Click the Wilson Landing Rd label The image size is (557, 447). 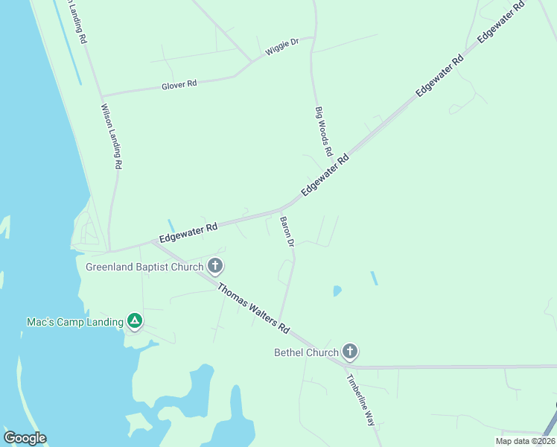tap(111, 136)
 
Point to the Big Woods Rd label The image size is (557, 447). tap(323, 130)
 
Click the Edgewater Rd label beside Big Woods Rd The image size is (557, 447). tap(325, 176)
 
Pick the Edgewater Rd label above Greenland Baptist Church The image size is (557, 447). tap(188, 232)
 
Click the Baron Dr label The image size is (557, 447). tap(287, 232)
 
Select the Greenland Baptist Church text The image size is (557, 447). tap(144, 267)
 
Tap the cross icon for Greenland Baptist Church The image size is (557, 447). tap(215, 266)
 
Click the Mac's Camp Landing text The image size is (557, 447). tap(74, 322)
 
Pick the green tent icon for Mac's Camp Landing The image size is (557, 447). tap(134, 322)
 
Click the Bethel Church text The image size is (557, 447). tap(306, 352)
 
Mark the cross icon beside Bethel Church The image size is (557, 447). tap(349, 352)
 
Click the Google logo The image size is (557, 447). tap(25, 437)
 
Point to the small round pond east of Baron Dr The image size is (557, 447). tap(337, 290)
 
